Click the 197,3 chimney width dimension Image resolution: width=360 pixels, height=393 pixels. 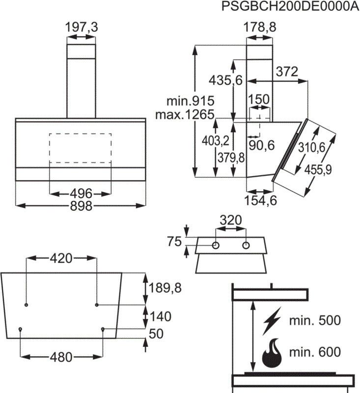[x=82, y=28]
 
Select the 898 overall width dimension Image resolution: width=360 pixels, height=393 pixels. [x=81, y=206]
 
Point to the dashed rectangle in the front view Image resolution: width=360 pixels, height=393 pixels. [x=80, y=147]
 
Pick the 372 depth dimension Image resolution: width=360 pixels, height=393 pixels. [x=286, y=72]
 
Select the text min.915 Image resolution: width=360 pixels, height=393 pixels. [x=190, y=102]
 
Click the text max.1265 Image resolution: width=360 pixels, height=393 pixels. [x=185, y=115]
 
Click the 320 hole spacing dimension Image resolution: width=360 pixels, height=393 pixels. [x=231, y=221]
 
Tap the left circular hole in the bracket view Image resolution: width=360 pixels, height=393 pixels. [x=216, y=245]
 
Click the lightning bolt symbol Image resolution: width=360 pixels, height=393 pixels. [x=273, y=320]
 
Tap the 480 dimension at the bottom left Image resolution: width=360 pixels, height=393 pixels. [x=60, y=356]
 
